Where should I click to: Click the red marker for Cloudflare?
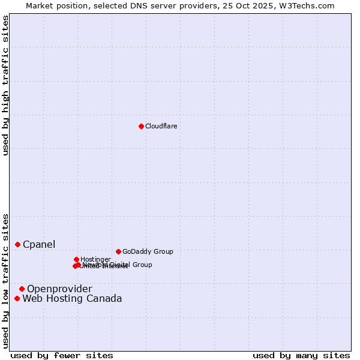point(141,126)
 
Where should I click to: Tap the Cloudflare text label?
point(161,126)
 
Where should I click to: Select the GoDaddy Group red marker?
point(118,251)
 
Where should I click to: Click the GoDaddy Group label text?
point(148,251)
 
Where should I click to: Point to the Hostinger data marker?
point(76,259)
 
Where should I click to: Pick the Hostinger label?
point(95,259)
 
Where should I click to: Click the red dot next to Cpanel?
point(17,244)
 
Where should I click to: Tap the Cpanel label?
point(39,244)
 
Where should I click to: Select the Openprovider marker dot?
point(22,289)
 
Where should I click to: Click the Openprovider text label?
point(59,289)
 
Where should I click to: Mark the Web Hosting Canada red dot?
point(17,298)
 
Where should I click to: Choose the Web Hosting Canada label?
point(72,299)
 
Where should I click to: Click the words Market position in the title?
point(52,5)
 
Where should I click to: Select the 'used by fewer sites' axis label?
point(62,355)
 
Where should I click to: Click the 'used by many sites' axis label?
point(301,355)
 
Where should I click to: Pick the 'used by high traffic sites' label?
point(5,86)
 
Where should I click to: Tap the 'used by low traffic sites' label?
point(5,280)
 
